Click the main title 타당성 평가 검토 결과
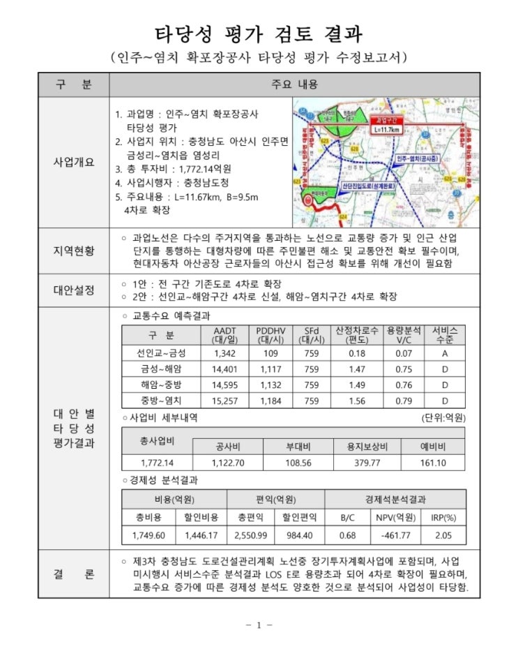tap(258, 33)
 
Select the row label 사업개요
tap(73, 161)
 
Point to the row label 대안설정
tap(73, 290)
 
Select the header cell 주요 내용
tap(294, 84)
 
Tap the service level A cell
tap(444, 352)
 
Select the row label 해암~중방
tap(161, 385)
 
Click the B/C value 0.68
tap(347, 535)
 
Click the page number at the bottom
tap(259, 625)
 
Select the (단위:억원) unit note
tap(443, 417)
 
